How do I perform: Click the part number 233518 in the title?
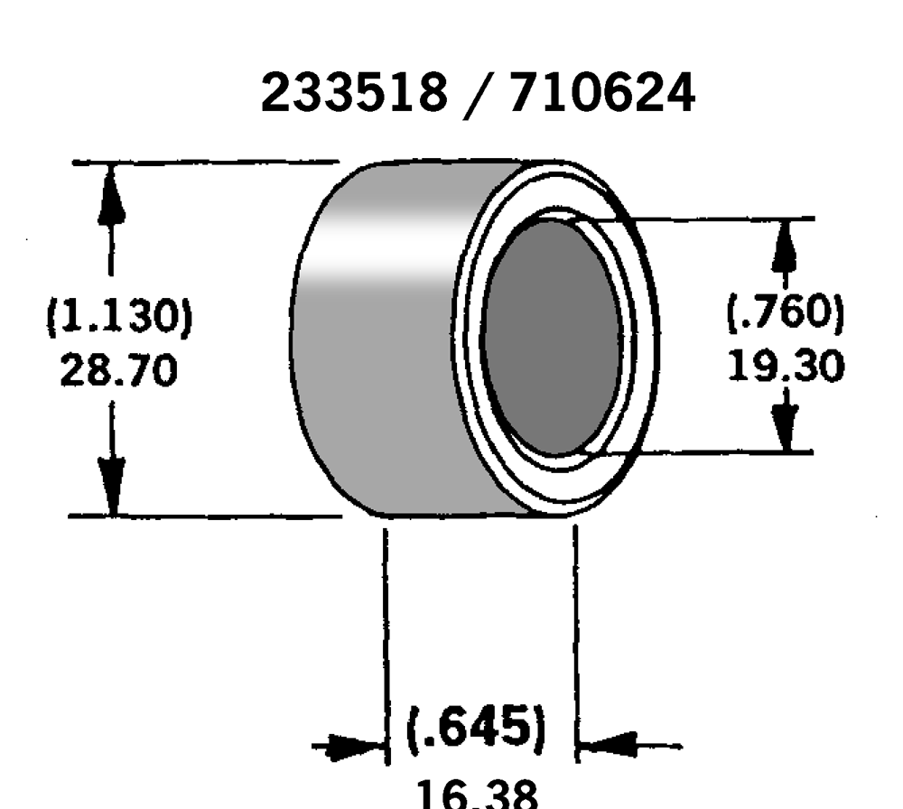[x=353, y=93]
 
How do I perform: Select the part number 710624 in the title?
[x=602, y=93]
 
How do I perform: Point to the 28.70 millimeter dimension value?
[x=118, y=369]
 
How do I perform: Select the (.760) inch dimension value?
[x=785, y=313]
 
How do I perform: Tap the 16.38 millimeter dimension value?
[x=478, y=795]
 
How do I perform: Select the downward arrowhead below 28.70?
[x=111, y=488]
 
